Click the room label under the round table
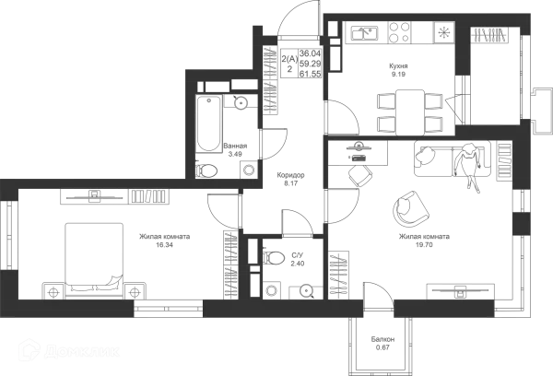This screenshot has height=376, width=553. pos(414,239)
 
